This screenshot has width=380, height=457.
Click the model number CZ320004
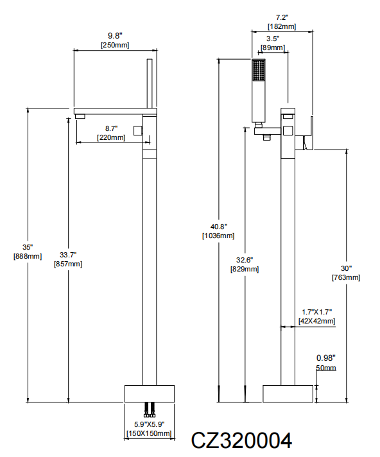coord(241,440)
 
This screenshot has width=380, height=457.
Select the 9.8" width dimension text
coord(115,36)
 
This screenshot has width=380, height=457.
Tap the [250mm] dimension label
coord(115,45)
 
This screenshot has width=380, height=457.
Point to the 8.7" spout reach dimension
coord(111,128)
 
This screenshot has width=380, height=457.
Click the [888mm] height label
coord(28,257)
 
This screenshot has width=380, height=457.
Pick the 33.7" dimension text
coord(68,255)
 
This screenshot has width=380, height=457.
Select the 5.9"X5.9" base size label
coord(149,424)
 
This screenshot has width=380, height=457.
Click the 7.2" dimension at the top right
coord(282,17)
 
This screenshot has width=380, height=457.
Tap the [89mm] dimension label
coord(273,47)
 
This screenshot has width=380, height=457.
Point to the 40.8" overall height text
coord(218,227)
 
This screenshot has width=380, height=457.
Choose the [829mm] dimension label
coord(245,269)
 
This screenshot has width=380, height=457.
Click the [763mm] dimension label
coord(346,277)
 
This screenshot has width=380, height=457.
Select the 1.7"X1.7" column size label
coord(316,312)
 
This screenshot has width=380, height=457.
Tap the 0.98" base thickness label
coord(326,358)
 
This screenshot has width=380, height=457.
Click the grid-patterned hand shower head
coord(259,70)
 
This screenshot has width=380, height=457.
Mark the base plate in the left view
coord(150,393)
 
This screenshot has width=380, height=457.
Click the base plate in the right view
coord(288,393)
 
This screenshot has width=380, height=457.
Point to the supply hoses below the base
coord(150,410)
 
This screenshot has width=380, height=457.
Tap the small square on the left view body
coord(138,130)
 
